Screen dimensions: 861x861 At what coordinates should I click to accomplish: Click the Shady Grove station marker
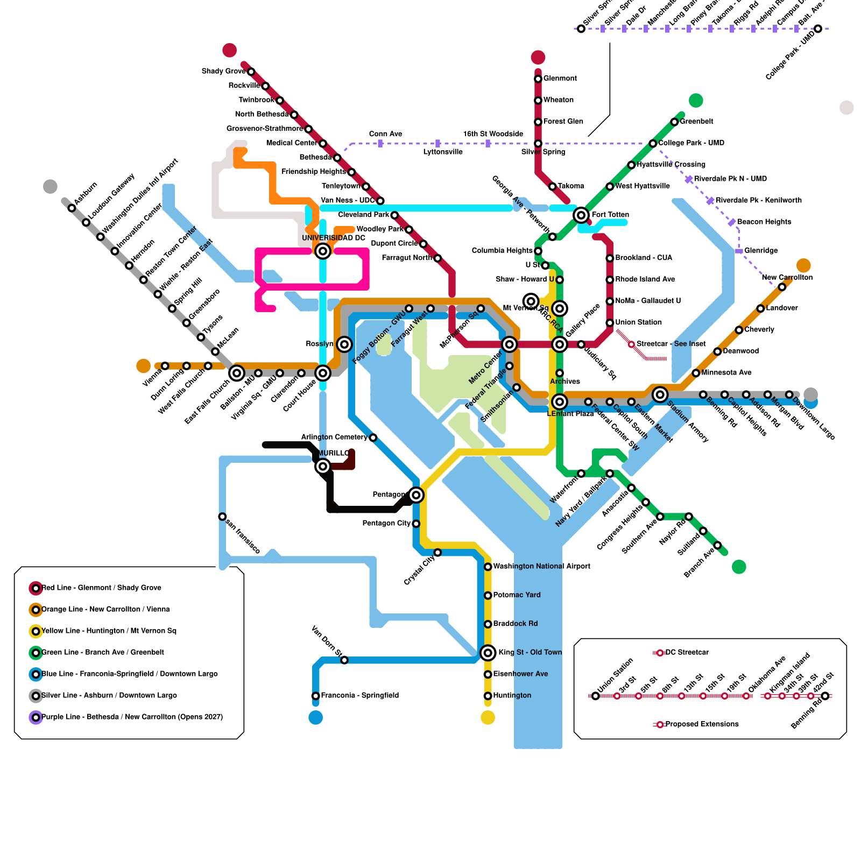251,72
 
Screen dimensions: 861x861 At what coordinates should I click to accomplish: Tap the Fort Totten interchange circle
581,215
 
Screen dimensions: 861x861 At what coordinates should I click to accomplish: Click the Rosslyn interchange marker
344,344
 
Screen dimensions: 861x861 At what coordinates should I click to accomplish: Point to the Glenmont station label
560,79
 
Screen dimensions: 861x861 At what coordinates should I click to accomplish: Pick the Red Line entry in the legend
101,588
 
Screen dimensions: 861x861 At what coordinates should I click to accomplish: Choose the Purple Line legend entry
132,717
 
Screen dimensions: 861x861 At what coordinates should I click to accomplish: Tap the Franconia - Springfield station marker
316,696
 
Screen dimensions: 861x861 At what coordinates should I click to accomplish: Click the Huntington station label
512,695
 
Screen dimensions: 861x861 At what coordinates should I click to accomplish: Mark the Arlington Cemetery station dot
373,437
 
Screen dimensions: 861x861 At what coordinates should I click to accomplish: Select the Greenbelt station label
696,122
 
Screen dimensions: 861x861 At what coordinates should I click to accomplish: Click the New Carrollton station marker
782,287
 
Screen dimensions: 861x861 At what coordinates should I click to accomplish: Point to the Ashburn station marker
72,208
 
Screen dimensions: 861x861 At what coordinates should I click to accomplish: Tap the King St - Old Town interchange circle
488,653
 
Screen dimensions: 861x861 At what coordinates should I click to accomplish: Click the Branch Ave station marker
717,545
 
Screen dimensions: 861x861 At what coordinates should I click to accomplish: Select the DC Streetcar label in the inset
687,652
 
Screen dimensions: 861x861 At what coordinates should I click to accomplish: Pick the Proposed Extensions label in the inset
702,724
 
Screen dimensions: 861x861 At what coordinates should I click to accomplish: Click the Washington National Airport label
541,566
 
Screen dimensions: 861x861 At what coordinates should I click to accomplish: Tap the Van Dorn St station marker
344,660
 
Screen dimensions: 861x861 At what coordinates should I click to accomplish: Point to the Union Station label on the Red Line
638,322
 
